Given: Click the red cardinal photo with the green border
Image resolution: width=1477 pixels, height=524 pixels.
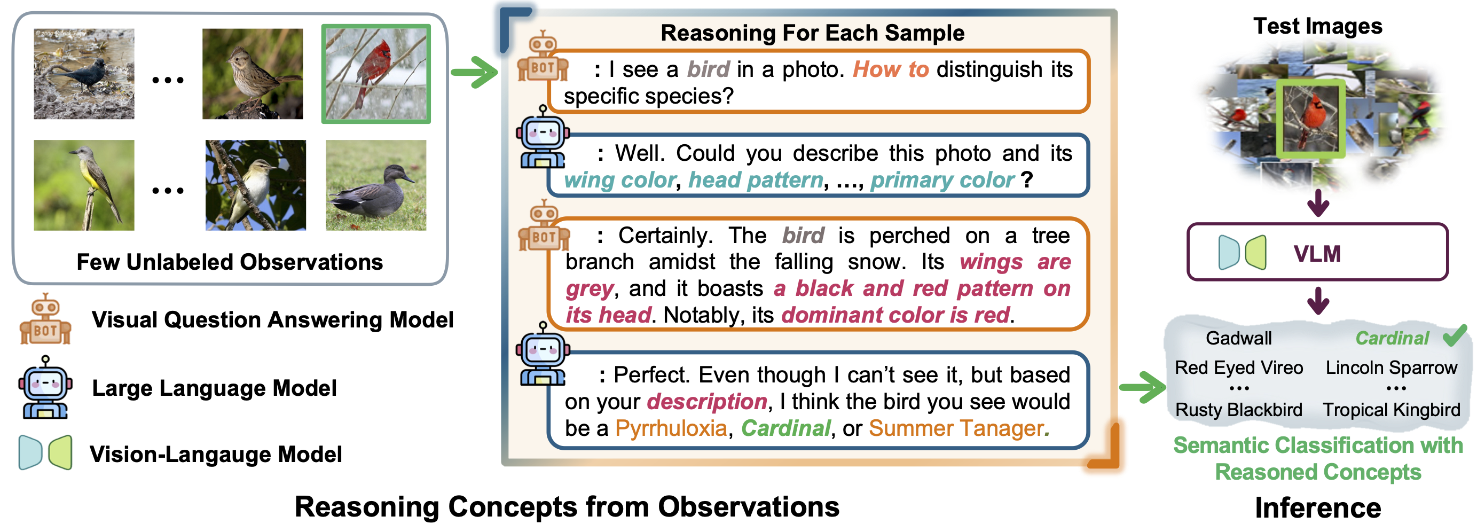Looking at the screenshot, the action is point(375,74).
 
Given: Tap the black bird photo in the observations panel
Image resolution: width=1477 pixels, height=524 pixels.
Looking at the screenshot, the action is point(84,74).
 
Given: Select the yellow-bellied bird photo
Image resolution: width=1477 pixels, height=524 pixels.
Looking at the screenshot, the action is point(84,185).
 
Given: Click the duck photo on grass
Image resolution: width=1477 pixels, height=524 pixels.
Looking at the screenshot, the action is point(375,185).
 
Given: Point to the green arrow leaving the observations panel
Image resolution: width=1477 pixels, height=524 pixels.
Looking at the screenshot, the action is point(474,72).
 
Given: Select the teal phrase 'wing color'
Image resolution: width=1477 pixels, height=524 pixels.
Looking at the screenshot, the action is point(620,180).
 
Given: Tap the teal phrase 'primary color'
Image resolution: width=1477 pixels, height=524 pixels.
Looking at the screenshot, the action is point(942,180).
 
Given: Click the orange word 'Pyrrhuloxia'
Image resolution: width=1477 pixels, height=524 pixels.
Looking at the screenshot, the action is point(671,428).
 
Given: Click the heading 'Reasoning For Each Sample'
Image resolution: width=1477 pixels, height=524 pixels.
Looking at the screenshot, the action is point(813,33).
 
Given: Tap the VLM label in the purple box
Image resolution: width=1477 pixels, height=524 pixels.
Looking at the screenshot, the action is point(1317,253).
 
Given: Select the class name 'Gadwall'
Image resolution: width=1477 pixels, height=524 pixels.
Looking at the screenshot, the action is point(1238,338).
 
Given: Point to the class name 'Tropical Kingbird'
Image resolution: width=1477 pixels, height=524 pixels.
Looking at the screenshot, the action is point(1391,410).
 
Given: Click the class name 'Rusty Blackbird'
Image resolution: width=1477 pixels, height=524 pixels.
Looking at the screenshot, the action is point(1238,410).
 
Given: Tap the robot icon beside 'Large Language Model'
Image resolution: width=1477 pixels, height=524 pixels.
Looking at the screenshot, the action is point(45,387).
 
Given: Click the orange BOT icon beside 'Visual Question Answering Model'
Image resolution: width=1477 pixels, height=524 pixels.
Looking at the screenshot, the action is point(45,319).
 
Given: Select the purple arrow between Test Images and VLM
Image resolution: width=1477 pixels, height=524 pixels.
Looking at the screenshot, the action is point(1318,202).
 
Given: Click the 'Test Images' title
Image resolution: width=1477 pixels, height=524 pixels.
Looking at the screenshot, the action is point(1317,26).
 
